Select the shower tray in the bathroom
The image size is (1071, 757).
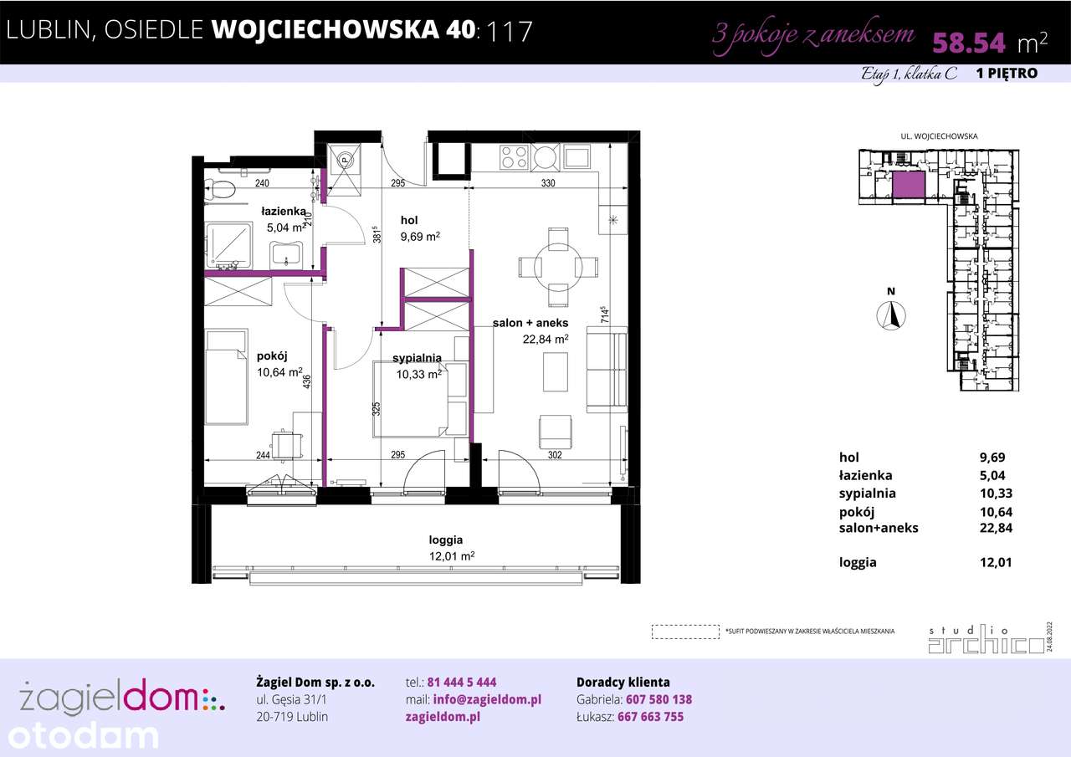click(x=229, y=246)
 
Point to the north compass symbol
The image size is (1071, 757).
click(x=892, y=315)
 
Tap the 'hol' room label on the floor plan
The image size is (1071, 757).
click(x=409, y=220)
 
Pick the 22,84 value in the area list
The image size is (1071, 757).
click(x=996, y=527)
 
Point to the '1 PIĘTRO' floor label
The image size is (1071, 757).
click(x=1007, y=74)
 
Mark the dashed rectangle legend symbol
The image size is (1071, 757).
click(x=685, y=632)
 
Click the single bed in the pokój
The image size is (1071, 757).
click(x=228, y=376)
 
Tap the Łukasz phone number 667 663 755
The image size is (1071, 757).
click(x=650, y=717)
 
